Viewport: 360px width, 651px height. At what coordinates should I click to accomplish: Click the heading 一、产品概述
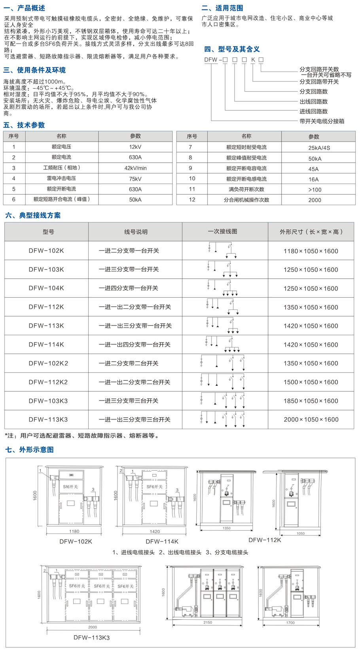coord(24,8)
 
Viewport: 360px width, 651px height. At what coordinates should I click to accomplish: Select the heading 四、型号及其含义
coord(232,49)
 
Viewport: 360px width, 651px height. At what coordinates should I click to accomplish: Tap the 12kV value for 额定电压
coord(135,147)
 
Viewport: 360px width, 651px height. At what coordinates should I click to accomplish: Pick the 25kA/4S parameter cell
coord(319,148)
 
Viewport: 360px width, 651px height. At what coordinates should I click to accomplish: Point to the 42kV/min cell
coord(135,168)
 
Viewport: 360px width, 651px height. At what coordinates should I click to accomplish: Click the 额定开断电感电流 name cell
coord(246,179)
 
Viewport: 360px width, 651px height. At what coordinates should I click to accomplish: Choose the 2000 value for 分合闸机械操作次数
coord(315,200)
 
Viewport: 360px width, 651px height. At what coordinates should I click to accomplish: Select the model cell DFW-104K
coord(46,288)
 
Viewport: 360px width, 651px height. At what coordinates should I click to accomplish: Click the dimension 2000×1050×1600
coord(311,419)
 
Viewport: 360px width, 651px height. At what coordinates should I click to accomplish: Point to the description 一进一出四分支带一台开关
coord(135,344)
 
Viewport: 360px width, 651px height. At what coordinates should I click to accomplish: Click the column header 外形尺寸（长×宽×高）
coord(311,232)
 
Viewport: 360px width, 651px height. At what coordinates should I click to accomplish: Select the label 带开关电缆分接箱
coord(322,121)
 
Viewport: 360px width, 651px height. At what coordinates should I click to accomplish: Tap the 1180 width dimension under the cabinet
coord(74,531)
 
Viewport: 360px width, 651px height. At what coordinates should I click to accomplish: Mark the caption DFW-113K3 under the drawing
coord(91,638)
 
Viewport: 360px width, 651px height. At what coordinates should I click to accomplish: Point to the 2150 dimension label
coord(207,623)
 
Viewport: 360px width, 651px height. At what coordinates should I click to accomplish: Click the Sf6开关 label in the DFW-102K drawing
coord(70,487)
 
